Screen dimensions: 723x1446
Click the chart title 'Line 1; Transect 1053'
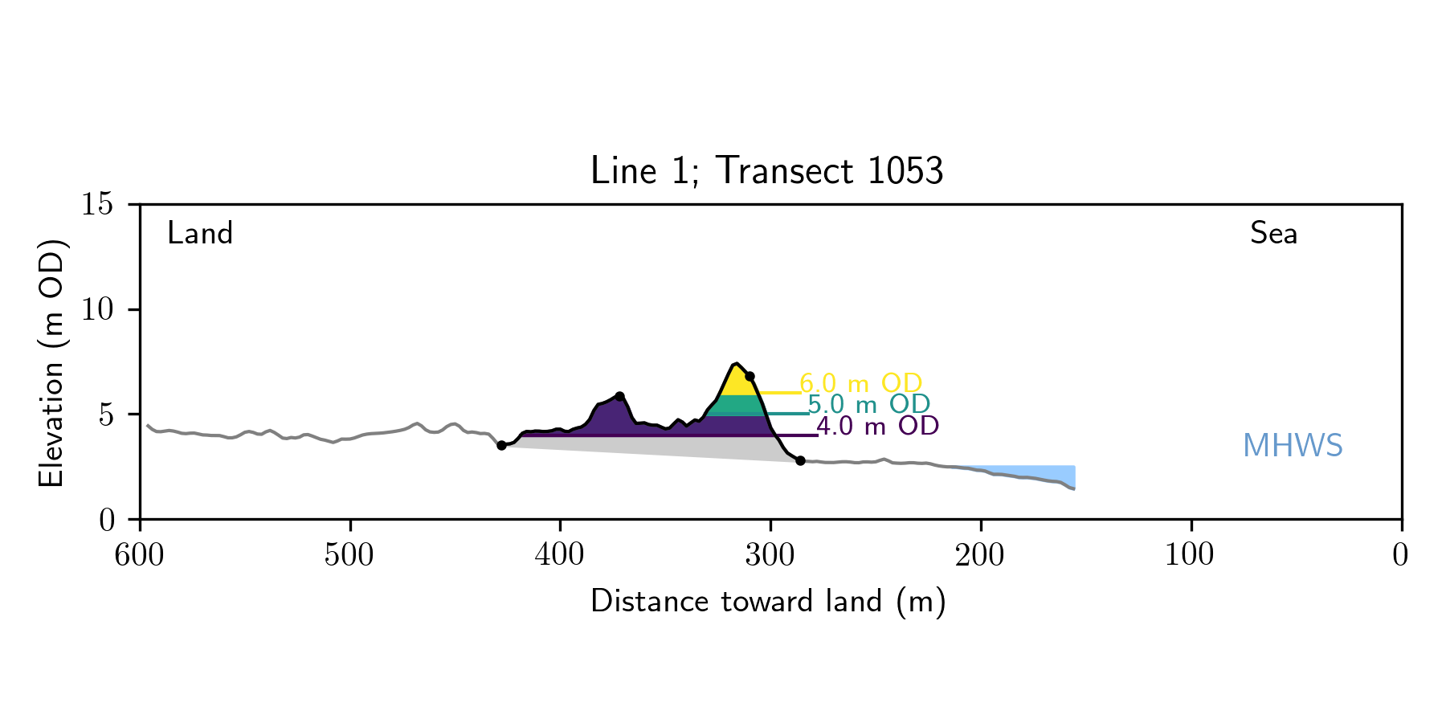click(x=766, y=171)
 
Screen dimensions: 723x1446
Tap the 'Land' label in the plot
click(x=200, y=234)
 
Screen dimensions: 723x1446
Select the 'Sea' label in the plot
click(x=1273, y=234)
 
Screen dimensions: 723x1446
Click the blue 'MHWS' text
click(x=1293, y=446)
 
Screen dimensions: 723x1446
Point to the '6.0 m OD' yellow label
click(x=860, y=383)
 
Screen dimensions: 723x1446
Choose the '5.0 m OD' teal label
click(x=868, y=404)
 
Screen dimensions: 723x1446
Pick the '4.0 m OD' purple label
click(x=877, y=426)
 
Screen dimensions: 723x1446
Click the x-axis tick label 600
click(x=140, y=555)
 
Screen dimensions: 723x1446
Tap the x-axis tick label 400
click(x=560, y=555)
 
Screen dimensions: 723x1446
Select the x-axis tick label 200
click(x=980, y=555)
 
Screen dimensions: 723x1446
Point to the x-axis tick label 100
click(x=1191, y=555)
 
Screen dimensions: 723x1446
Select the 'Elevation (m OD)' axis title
click(x=51, y=361)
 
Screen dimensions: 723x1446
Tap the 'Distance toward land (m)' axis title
click(x=768, y=602)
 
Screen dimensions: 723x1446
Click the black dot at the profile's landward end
click(x=501, y=445)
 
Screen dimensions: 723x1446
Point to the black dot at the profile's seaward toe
click(x=800, y=460)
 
